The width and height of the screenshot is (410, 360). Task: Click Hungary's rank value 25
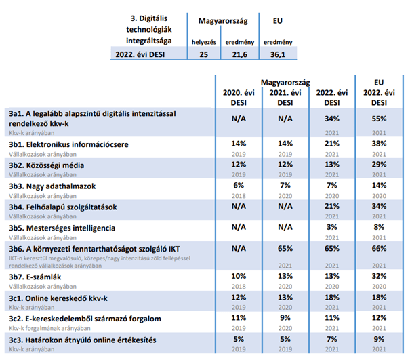pyautogui.click(x=204, y=54)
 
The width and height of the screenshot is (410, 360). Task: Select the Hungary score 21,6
pyautogui.click(x=239, y=54)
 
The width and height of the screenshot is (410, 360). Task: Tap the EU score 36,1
pyautogui.click(x=278, y=54)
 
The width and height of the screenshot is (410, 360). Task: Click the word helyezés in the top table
pyautogui.click(x=204, y=43)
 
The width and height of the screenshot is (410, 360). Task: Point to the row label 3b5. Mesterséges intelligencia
pyautogui.click(x=62, y=228)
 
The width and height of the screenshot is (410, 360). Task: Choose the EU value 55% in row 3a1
pyautogui.click(x=379, y=119)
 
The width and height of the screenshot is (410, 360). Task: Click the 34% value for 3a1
pyautogui.click(x=332, y=119)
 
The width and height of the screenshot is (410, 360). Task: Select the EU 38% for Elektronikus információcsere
pyautogui.click(x=379, y=144)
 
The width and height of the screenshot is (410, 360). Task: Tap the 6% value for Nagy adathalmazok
pyautogui.click(x=239, y=186)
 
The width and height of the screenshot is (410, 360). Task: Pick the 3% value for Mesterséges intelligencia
pyautogui.click(x=332, y=227)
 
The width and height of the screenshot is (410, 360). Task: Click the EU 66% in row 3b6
pyautogui.click(x=379, y=248)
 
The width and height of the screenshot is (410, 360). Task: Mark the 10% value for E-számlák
pyautogui.click(x=239, y=276)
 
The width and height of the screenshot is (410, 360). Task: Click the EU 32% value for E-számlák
pyautogui.click(x=379, y=276)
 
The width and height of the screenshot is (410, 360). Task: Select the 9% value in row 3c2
pyautogui.click(x=285, y=318)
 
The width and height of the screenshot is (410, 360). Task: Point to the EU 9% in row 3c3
pyautogui.click(x=379, y=339)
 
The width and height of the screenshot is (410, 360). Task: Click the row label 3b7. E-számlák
pyautogui.click(x=35, y=277)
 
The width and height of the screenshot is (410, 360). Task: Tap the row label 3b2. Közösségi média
pyautogui.click(x=47, y=165)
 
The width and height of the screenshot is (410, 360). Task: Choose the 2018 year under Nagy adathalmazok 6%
pyautogui.click(x=239, y=196)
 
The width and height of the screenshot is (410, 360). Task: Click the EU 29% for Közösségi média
pyautogui.click(x=379, y=165)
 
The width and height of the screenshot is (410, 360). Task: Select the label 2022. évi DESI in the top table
pyautogui.click(x=140, y=54)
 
